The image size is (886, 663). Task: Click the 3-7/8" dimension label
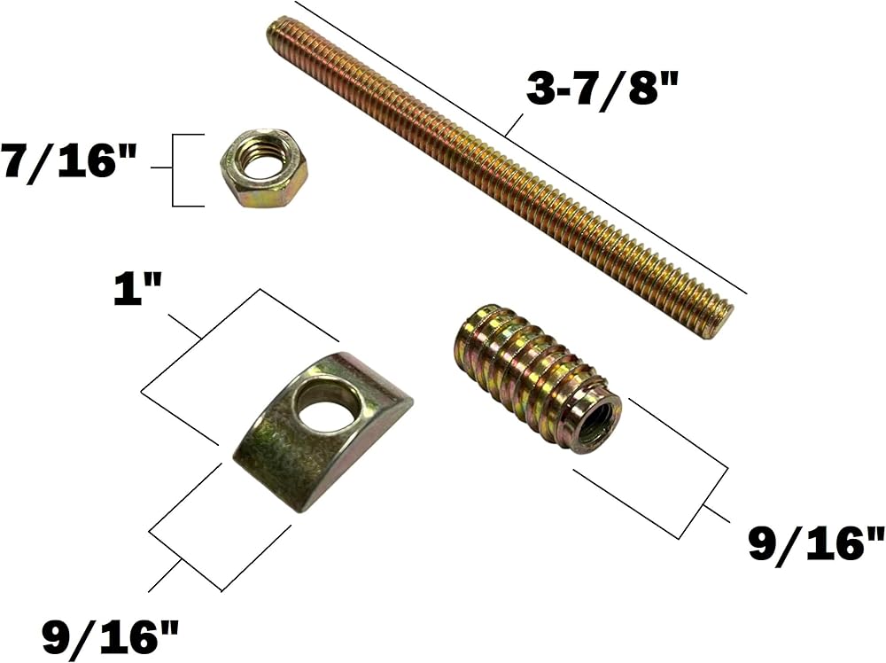tap(602, 89)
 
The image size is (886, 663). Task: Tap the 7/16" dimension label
tap(68, 161)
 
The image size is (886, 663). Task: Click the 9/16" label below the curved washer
tap(111, 636)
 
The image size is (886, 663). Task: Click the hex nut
tap(264, 168)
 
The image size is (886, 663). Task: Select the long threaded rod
tap(501, 179)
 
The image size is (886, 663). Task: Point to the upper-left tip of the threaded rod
tap(270, 27)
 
